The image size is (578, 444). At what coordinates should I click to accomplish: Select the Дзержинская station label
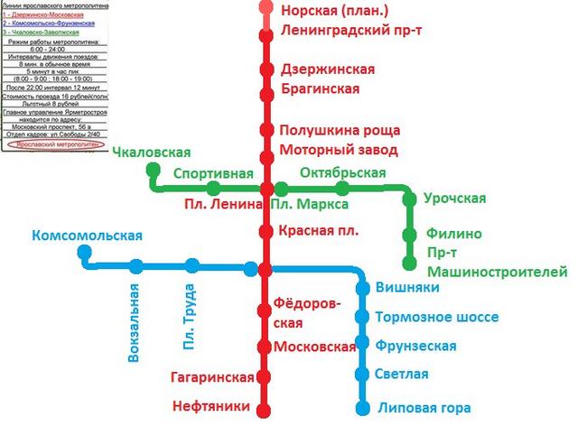click(327, 69)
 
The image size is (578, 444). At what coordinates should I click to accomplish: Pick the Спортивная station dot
click(213, 189)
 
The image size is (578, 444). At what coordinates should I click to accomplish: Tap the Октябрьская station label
click(342, 172)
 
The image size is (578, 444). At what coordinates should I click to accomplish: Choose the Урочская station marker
click(408, 199)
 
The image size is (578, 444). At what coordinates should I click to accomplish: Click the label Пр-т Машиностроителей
click(497, 263)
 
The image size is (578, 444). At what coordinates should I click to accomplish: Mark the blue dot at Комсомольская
click(85, 254)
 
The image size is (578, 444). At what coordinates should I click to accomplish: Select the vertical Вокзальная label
click(135, 323)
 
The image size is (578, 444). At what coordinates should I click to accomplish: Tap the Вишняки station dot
click(363, 289)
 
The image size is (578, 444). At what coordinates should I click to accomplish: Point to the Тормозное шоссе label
click(429, 317)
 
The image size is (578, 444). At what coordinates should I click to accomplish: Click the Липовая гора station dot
click(363, 409)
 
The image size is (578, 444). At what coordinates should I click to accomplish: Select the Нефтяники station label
click(210, 407)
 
